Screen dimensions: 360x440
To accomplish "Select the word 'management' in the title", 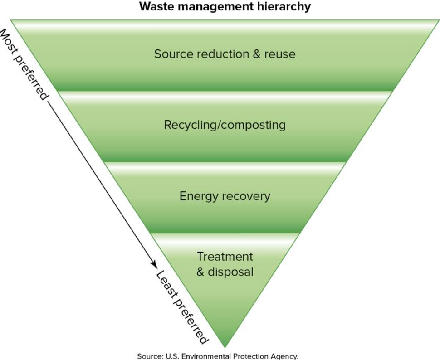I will pyautogui.click(x=213, y=6).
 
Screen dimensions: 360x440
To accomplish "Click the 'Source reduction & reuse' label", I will pyautogui.click(x=225, y=54).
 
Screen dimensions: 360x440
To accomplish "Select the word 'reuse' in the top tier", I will pyautogui.click(x=280, y=54).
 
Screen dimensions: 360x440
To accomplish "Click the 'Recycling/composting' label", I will pyautogui.click(x=225, y=125).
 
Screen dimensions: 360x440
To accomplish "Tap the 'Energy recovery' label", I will pyautogui.click(x=225, y=196).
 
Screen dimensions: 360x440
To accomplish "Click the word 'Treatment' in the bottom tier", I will pyautogui.click(x=225, y=256).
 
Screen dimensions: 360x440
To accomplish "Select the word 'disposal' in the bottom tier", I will pyautogui.click(x=230, y=272).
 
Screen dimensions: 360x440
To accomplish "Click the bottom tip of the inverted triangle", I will pyautogui.click(x=225, y=347).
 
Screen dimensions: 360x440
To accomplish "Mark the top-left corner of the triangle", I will pyautogui.click(x=11, y=20).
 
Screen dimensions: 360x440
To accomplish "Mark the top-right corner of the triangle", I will pyautogui.click(x=439, y=20).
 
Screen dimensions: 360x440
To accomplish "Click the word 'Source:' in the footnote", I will pyautogui.click(x=149, y=356).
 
